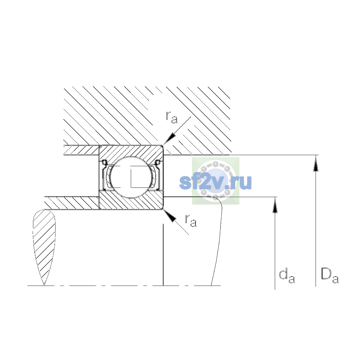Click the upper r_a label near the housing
point(172,118)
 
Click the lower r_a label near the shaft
point(191,221)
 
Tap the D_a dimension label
point(330,276)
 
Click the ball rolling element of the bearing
point(131,177)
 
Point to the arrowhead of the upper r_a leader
point(169,139)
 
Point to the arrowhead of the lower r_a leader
point(169,215)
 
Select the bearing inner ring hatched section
point(131,200)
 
